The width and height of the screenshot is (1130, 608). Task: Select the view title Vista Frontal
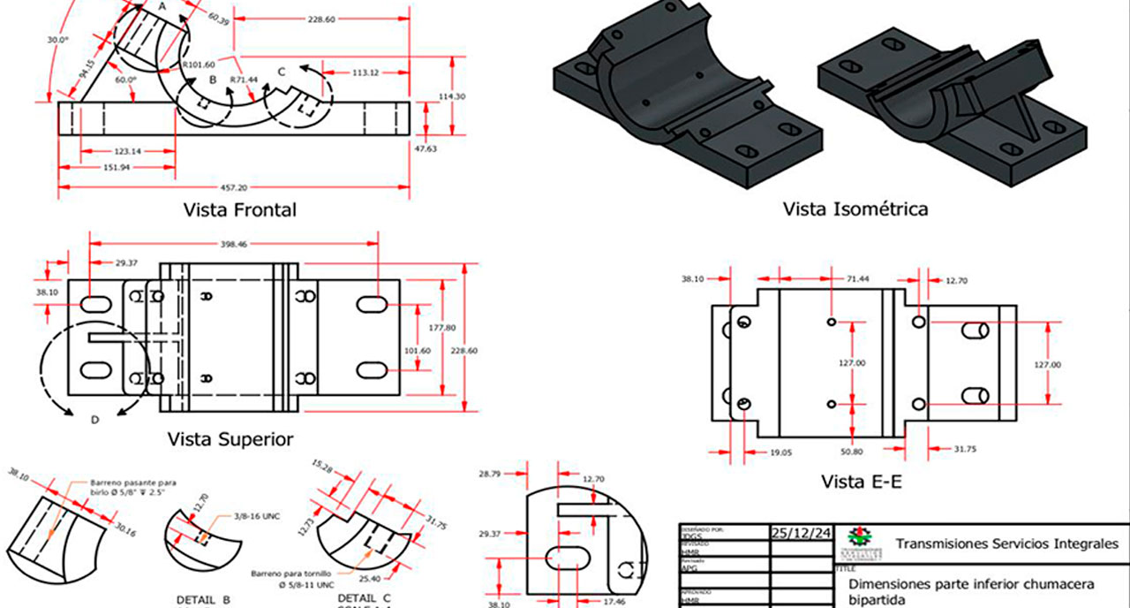point(239,210)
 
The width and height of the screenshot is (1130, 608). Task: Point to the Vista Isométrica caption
point(855,209)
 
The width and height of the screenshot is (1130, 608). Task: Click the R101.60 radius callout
point(198,65)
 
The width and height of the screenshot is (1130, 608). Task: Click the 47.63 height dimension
point(426,149)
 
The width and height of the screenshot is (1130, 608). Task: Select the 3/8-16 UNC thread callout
point(256,516)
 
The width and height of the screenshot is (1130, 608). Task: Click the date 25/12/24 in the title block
point(801,533)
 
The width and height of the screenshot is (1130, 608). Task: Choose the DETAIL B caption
point(203,599)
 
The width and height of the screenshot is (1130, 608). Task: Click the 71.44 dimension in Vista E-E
point(859,279)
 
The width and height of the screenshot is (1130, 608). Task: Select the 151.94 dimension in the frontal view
point(117,167)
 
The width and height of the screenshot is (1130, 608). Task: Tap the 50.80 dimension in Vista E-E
point(852,451)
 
